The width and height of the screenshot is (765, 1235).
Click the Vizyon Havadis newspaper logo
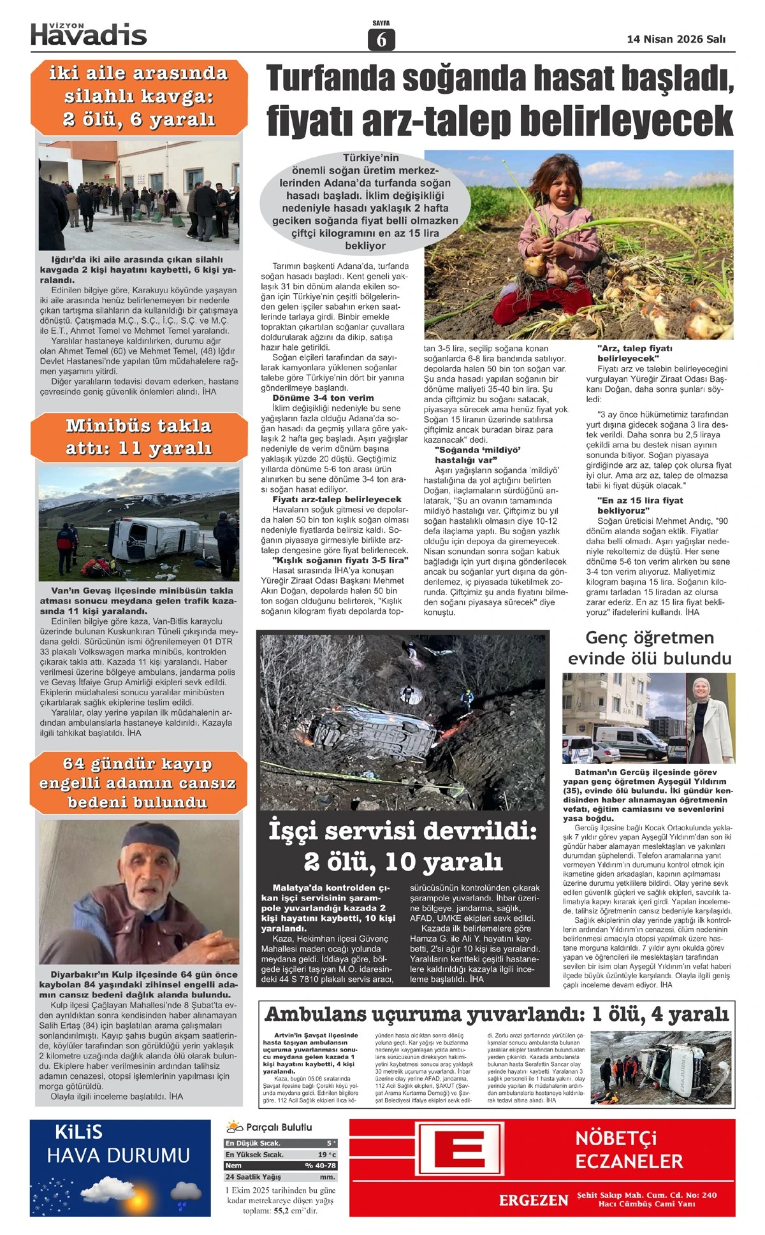click(89, 34)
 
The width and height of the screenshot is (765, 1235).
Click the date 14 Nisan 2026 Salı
click(676, 39)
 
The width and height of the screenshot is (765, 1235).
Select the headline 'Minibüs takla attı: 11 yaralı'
click(138, 437)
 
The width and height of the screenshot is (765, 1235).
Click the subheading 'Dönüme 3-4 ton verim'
click(323, 398)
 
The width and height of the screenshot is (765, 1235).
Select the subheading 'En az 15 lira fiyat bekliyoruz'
click(639, 505)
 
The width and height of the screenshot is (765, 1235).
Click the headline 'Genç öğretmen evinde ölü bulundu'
click(649, 647)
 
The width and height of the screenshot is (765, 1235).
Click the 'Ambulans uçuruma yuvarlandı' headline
click(496, 1014)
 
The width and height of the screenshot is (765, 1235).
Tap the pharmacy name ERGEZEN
click(534, 1201)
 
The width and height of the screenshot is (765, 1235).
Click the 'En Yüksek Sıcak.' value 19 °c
click(326, 1154)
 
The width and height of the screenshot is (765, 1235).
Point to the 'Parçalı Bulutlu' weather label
click(279, 1127)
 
